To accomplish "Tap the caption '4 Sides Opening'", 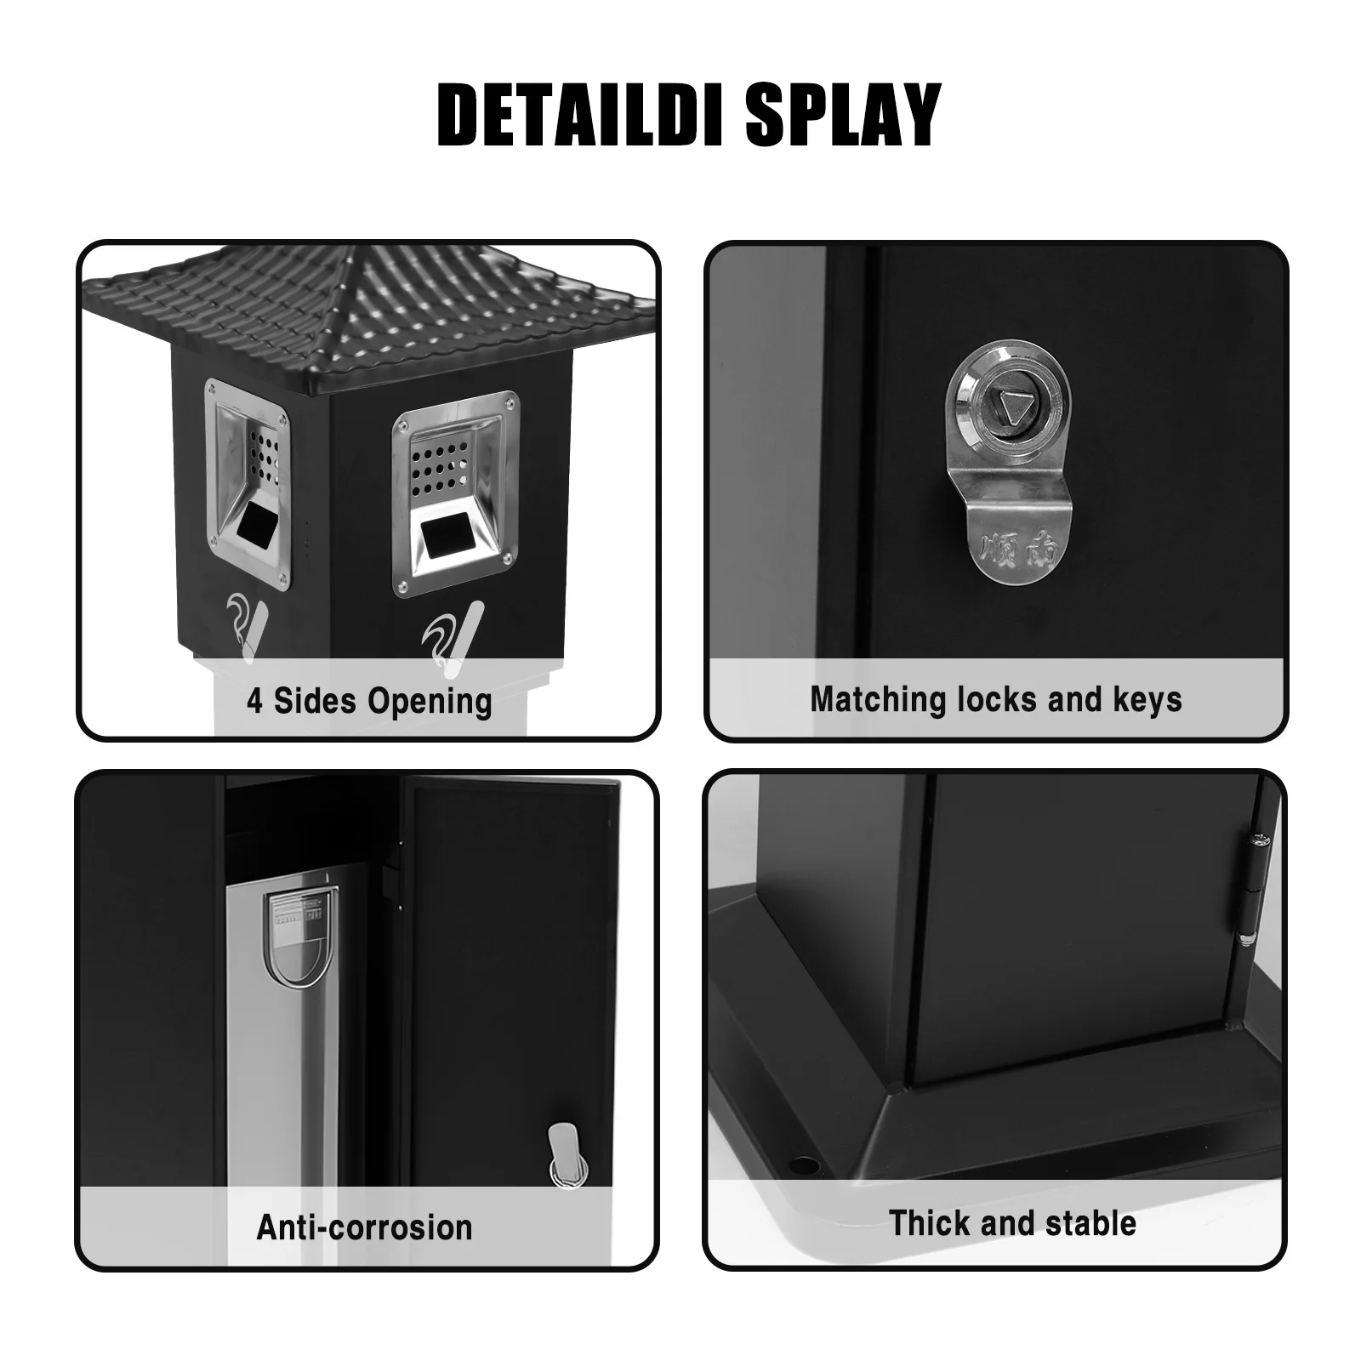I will (369, 702).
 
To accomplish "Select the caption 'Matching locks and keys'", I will (995, 699).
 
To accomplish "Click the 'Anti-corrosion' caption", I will (364, 1227).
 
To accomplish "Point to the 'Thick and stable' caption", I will (1012, 1223).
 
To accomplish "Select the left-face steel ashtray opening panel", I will (248, 485).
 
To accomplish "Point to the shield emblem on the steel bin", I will (303, 936).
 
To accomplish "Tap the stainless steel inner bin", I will (281, 1063).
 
